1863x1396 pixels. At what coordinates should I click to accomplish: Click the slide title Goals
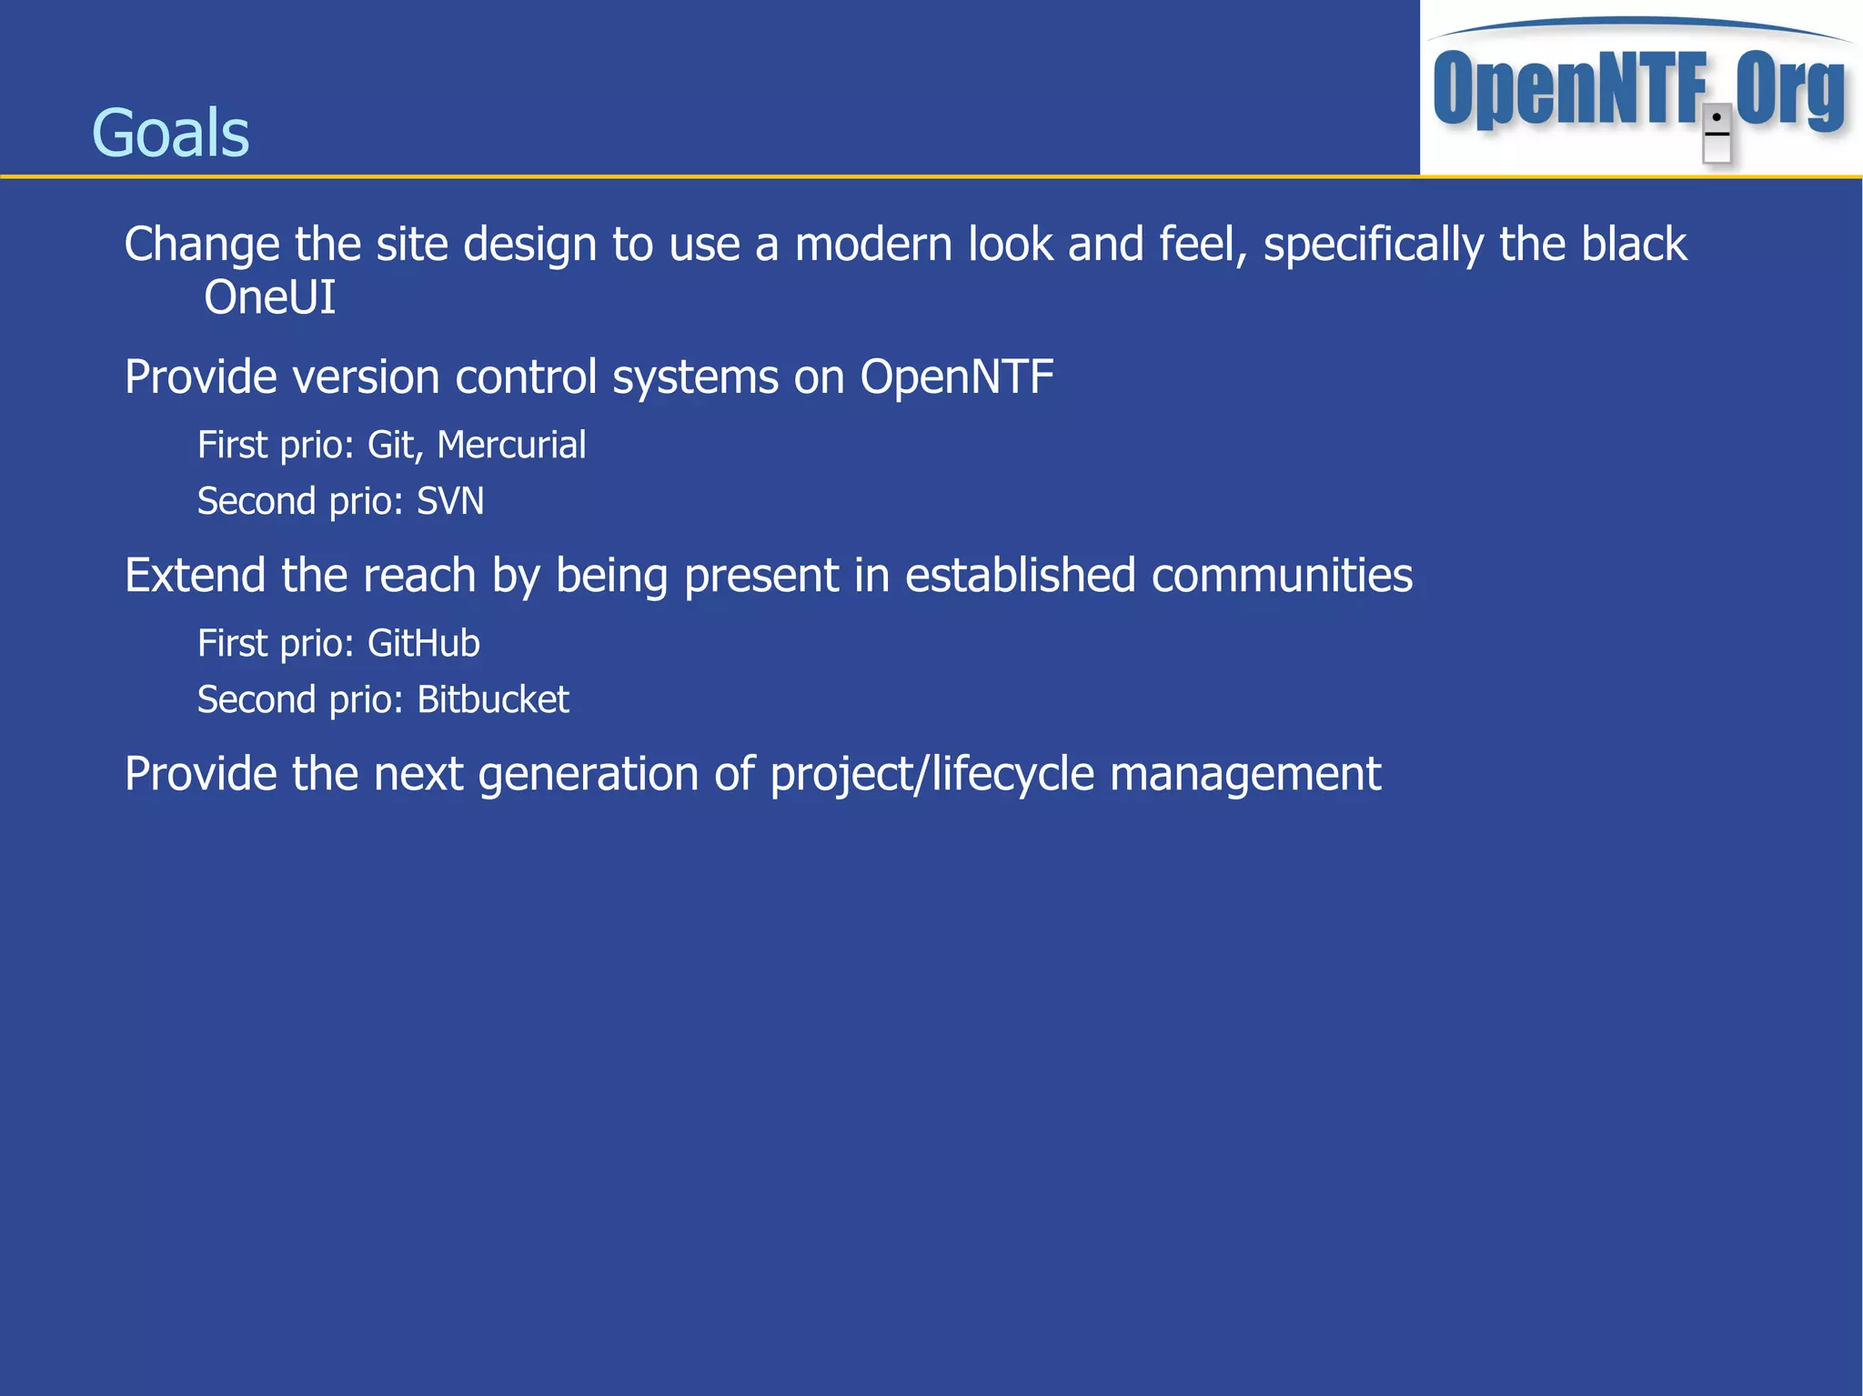170,133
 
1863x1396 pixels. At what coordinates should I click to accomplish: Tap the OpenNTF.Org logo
1639,89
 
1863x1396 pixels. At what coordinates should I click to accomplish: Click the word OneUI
269,297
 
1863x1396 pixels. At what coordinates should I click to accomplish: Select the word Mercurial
511,445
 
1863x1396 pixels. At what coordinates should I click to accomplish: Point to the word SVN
450,501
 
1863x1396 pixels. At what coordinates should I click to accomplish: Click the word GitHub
423,643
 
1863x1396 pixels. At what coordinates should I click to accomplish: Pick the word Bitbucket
493,699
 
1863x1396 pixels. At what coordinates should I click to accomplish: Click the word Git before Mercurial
391,445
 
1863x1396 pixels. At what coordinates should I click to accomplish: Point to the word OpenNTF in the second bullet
957,377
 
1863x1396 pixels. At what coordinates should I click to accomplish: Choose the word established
1020,575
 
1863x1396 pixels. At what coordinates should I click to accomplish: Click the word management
1245,775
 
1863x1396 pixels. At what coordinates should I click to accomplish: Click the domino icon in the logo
1717,134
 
